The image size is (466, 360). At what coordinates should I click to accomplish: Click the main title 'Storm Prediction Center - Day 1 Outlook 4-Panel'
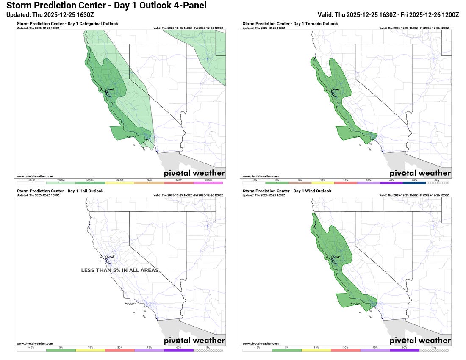tap(106, 6)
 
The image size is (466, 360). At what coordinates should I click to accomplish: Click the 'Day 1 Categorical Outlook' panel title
tap(68, 24)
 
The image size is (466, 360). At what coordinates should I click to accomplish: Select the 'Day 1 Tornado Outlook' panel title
tap(290, 24)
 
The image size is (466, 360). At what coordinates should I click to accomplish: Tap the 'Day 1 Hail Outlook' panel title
tap(60, 191)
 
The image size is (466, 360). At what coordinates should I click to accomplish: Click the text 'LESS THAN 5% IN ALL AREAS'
tap(120, 270)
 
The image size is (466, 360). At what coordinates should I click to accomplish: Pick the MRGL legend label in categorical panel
tap(90, 180)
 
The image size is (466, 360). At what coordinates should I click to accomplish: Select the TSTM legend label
tap(61, 180)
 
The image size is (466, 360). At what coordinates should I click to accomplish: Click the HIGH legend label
tap(208, 180)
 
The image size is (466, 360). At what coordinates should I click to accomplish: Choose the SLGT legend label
tap(120, 180)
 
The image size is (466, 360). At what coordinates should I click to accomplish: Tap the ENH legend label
tap(149, 180)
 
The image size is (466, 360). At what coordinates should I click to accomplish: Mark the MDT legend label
tap(179, 180)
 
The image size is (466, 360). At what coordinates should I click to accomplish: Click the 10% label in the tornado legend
tap(323, 180)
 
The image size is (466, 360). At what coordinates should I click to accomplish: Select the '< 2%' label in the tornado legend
tap(254, 180)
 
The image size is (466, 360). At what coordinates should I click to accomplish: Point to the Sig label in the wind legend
tap(434, 347)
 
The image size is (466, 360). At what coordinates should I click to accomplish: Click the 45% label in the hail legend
tap(149, 347)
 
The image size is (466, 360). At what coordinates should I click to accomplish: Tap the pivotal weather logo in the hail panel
tap(194, 341)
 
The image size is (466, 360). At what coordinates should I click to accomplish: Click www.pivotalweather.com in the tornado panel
tap(261, 176)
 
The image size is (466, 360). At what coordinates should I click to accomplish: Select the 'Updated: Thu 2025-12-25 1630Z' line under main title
tap(50, 14)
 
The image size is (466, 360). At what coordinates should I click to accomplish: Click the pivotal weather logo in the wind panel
tap(420, 341)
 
